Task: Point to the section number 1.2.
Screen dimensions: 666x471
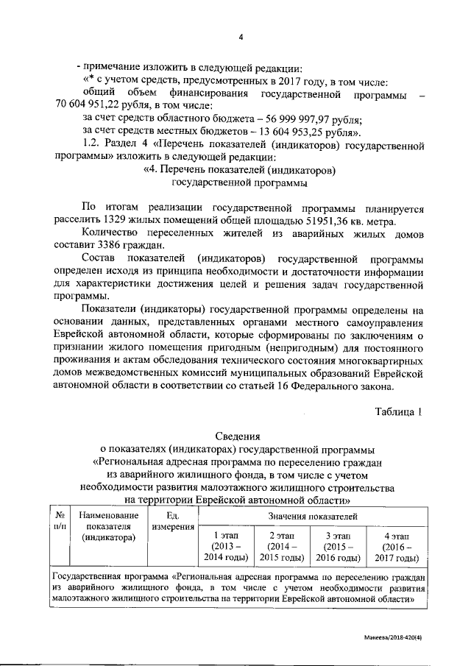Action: click(x=93, y=144)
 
